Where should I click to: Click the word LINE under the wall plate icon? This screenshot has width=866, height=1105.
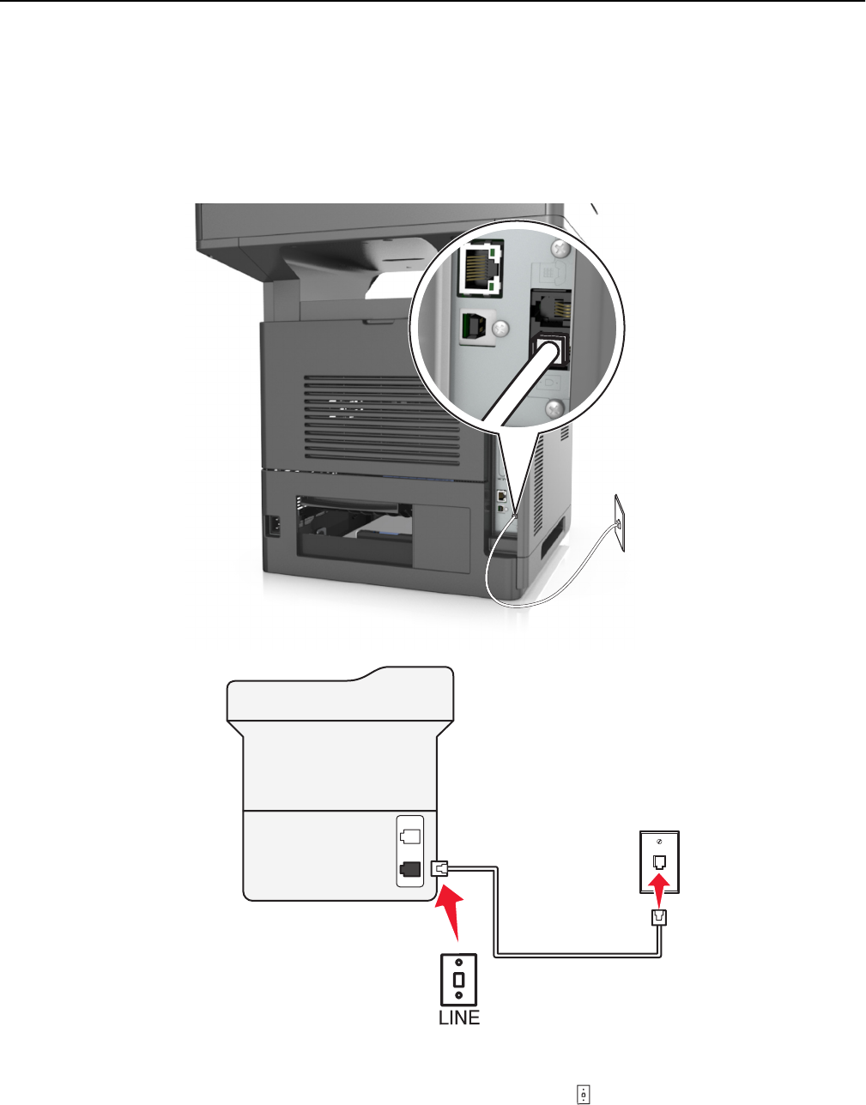click(x=459, y=1018)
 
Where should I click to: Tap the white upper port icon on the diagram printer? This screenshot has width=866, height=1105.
click(x=409, y=832)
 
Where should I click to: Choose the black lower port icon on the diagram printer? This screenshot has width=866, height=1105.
click(x=409, y=868)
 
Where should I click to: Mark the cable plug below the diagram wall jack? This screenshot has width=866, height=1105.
click(x=661, y=916)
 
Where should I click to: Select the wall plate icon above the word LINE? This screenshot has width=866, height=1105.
click(x=459, y=978)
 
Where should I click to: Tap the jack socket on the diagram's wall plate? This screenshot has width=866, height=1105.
click(x=661, y=860)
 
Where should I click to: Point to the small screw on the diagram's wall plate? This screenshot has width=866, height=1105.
click(x=661, y=842)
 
